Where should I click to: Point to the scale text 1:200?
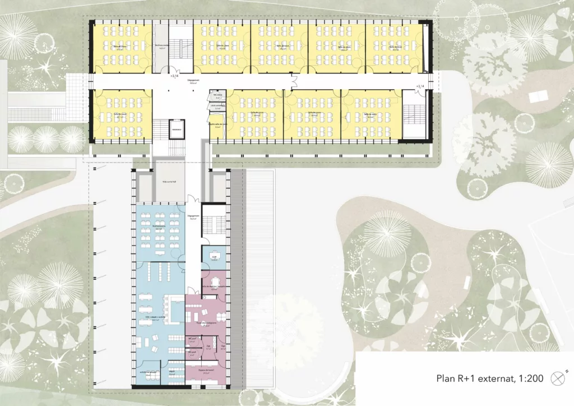coord(528,379)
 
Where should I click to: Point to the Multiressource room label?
coord(159,227)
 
